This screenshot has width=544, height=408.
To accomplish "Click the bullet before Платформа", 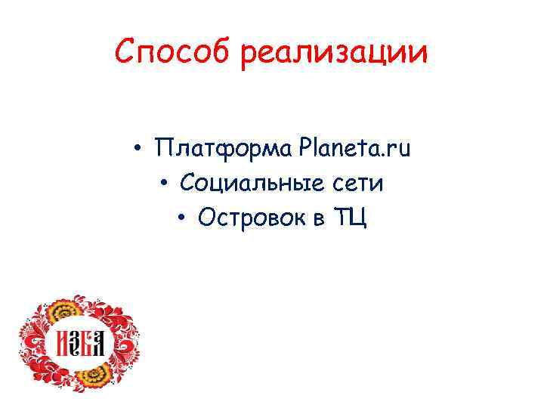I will pyautogui.click(x=141, y=150).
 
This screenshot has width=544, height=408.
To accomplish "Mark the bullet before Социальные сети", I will pyautogui.click(x=164, y=184).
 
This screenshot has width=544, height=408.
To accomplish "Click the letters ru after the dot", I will pyautogui.click(x=400, y=150).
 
